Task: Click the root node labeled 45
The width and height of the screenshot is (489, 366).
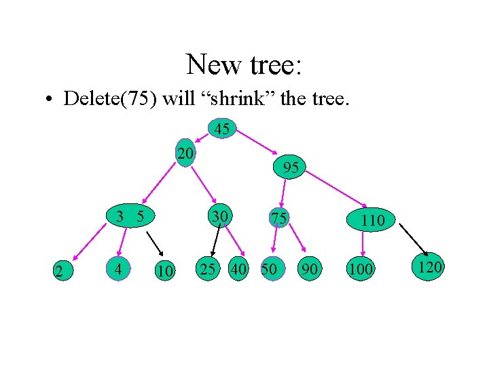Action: pos(222,129)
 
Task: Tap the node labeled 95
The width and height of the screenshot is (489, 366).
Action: pos(291,167)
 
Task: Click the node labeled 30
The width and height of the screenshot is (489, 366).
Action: pos(218,216)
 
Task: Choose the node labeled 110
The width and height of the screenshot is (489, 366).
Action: pos(373,220)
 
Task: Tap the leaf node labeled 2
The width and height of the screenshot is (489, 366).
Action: pos(59,272)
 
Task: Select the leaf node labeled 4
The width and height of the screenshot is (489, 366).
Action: pos(119,269)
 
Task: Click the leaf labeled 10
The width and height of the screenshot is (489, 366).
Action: pos(164,271)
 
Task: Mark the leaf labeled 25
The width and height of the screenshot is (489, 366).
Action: pos(208,269)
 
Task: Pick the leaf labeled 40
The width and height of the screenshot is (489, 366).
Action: pos(238,269)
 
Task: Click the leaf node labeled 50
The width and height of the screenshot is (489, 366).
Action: pos(270,269)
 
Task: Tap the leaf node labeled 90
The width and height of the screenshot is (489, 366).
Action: pos(310,269)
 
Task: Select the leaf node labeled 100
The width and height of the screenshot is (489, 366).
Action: pos(360,269)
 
